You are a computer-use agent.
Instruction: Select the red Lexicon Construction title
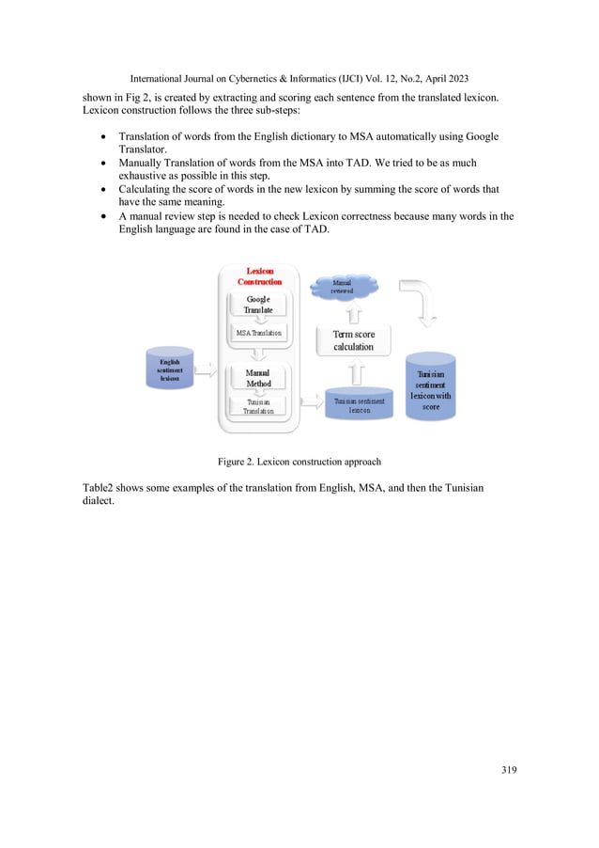coord(259,276)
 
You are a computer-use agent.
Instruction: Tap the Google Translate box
coord(258,305)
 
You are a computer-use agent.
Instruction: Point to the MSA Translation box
coord(258,333)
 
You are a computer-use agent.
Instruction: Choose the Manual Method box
coord(258,378)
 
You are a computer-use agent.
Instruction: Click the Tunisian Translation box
coord(258,406)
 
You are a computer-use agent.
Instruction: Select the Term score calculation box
coord(353,340)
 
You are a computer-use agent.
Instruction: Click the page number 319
coord(509,769)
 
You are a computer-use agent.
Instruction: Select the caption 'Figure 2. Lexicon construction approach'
coord(299,462)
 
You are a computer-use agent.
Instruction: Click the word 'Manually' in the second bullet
coord(141,163)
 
